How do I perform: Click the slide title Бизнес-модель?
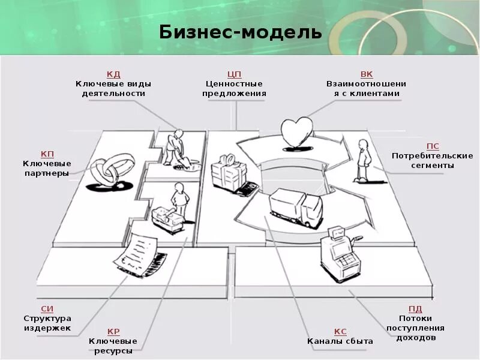[x=241, y=31]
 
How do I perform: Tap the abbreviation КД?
[x=113, y=74]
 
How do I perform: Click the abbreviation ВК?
[x=367, y=74]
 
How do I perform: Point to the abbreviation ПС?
[x=433, y=146]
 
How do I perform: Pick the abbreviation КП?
[x=47, y=154]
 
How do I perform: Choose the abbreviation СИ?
[x=47, y=308]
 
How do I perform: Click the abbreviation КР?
[x=113, y=331]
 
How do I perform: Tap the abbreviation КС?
[x=340, y=331]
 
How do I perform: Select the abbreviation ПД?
[x=415, y=308]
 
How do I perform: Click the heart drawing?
[x=297, y=132]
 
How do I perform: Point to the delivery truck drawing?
[x=295, y=208]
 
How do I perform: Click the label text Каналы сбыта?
[x=340, y=341]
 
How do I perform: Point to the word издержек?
[x=47, y=328]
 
